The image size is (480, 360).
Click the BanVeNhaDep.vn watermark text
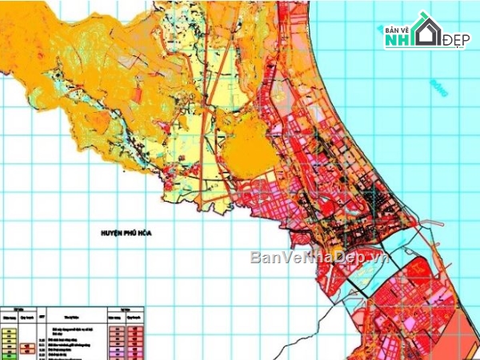pos(319,258)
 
